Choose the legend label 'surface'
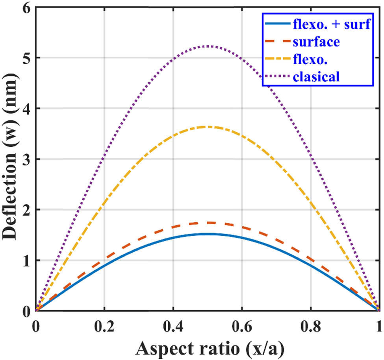pyautogui.click(x=316, y=41)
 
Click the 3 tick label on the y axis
pyautogui.click(x=26, y=159)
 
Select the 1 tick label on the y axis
pyautogui.click(x=26, y=261)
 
